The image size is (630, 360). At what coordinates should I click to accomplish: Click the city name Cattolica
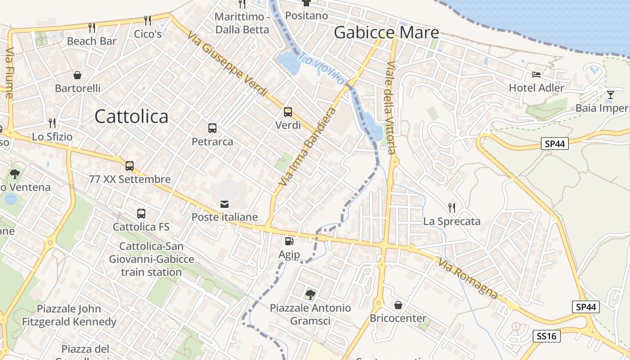click(x=131, y=117)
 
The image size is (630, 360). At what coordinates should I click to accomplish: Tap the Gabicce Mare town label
click(x=387, y=32)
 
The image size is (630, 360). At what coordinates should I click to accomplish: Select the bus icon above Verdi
click(x=288, y=112)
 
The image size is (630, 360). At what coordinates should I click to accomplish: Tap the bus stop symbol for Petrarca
click(x=212, y=128)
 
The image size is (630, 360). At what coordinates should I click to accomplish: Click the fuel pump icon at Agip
click(x=289, y=241)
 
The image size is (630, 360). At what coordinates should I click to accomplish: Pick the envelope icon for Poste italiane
click(x=224, y=204)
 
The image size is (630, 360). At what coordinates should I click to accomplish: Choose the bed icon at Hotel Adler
click(x=536, y=74)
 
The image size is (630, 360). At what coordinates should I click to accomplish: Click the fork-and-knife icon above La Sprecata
click(x=452, y=207)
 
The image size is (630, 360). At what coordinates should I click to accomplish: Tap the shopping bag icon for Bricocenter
click(x=398, y=305)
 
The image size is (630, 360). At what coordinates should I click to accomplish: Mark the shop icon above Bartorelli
click(x=77, y=75)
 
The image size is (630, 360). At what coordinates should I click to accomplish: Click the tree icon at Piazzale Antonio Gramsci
click(x=310, y=295)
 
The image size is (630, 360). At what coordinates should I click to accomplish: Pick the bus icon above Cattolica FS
click(x=141, y=214)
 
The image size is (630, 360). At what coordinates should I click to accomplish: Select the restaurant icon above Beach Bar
click(x=92, y=28)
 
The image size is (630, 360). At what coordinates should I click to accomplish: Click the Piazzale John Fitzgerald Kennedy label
click(x=69, y=315)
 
